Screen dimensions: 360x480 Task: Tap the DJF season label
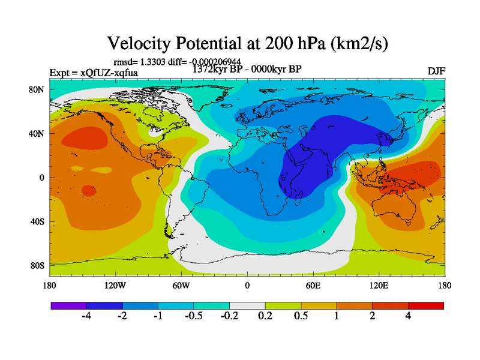(436, 71)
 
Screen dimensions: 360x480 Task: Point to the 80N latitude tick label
(37, 89)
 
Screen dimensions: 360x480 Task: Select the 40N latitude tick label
(37, 133)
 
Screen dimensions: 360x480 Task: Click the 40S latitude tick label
(37, 221)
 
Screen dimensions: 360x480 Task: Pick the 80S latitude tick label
(37, 265)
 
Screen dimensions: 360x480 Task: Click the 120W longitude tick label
(115, 285)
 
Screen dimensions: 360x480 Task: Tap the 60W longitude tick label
(181, 285)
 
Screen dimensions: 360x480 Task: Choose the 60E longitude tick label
(313, 285)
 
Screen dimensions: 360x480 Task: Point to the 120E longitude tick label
(379, 285)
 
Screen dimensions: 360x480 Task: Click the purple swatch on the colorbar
(69, 305)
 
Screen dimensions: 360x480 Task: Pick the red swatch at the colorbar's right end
(426, 305)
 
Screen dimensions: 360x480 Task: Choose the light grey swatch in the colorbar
(247, 305)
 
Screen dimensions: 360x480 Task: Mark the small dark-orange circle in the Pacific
(88, 191)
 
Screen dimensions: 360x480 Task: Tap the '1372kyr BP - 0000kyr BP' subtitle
(247, 69)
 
